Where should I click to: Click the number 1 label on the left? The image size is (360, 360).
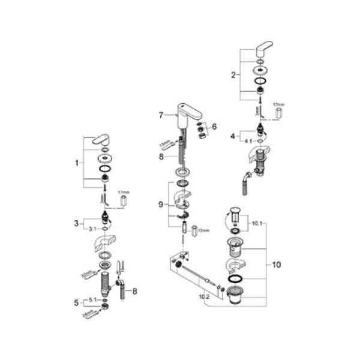point(77,162)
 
